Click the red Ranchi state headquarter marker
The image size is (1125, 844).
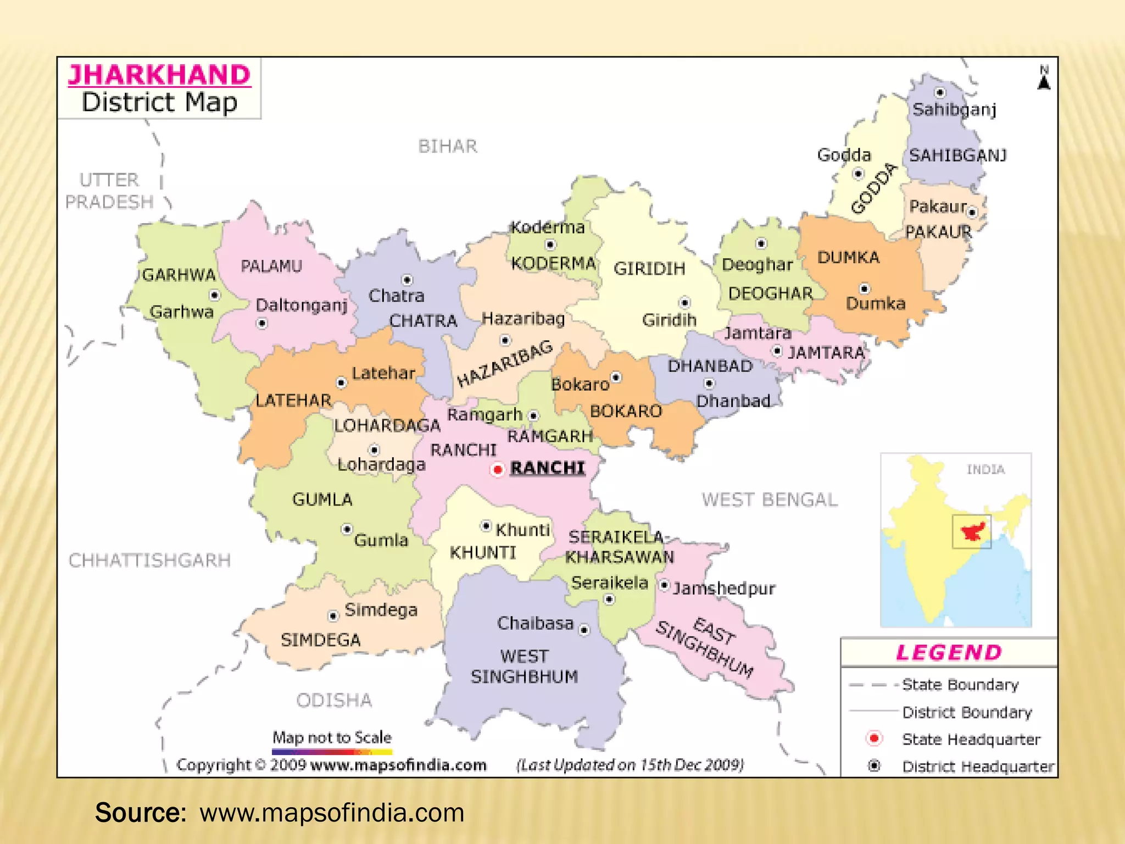pos(498,470)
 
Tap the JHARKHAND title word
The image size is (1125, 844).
pos(159,75)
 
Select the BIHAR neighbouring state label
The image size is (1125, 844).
pos(448,147)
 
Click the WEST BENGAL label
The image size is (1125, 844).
pos(770,499)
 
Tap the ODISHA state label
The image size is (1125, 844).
pos(334,700)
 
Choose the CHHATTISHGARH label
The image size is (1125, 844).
pos(149,560)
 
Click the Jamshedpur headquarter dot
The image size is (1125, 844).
pos(664,586)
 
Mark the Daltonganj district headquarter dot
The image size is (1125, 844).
pos(262,324)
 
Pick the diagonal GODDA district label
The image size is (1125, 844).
pos(873,188)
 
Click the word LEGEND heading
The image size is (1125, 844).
pos(949,652)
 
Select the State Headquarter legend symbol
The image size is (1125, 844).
pos(874,738)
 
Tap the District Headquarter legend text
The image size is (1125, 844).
pos(978,766)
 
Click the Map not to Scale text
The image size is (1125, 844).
pos(332,737)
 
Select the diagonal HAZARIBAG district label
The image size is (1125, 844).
pos(505,363)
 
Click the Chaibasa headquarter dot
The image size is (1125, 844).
pos(584,630)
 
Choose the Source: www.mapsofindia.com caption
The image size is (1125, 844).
pos(280,813)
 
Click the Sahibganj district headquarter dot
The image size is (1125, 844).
pos(940,92)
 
